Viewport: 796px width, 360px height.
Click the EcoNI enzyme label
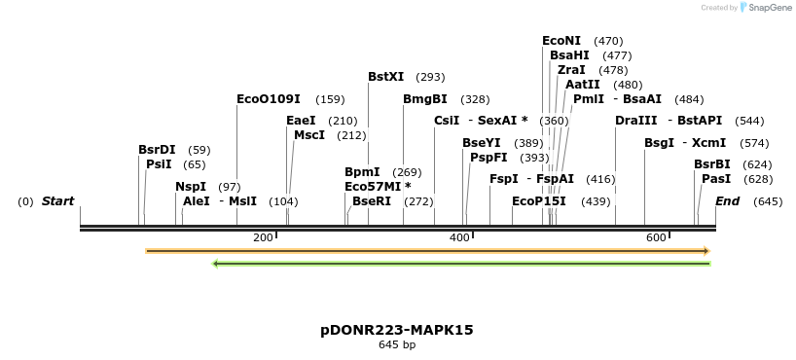pos(561,41)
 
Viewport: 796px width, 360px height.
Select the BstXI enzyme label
pos(386,77)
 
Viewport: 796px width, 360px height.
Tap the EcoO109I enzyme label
pos(269,99)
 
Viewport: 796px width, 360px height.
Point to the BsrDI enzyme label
pos(157,150)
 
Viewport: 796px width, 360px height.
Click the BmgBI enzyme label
pos(425,99)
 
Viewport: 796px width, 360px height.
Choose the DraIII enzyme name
pos(636,121)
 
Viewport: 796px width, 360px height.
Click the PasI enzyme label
pos(716,179)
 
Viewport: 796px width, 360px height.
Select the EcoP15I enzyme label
pos(539,201)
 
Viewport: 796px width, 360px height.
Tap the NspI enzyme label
pos(191,187)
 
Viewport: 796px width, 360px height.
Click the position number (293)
pos(430,77)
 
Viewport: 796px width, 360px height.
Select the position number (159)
pos(330,99)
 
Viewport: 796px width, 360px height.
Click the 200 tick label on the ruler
pos(263,237)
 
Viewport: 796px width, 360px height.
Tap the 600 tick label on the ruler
pos(656,237)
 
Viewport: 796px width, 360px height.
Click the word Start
pos(57,201)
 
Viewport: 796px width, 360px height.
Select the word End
pos(728,201)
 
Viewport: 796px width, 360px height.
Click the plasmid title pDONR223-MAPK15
pos(397,330)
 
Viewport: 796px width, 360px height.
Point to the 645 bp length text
pos(397,344)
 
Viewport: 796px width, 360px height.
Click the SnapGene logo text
pos(769,8)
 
